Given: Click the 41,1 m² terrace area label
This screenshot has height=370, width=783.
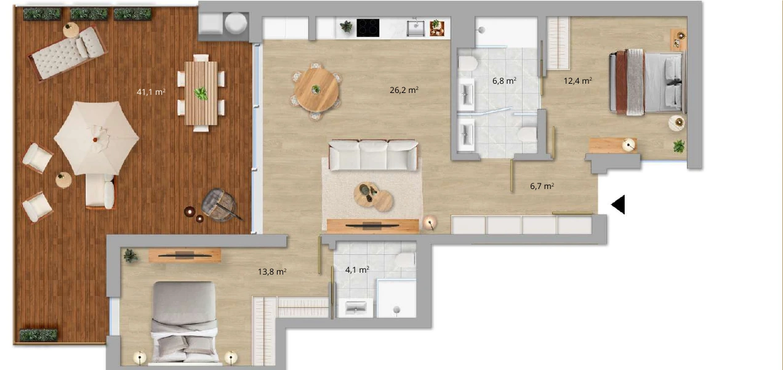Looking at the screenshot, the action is click(x=151, y=92).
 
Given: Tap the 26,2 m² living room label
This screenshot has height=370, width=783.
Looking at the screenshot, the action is click(x=404, y=90).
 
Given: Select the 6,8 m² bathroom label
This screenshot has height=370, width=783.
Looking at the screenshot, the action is click(x=504, y=81).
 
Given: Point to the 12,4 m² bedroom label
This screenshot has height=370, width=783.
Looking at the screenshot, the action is click(x=578, y=81).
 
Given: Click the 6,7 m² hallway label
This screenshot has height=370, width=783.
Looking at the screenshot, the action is click(x=542, y=186).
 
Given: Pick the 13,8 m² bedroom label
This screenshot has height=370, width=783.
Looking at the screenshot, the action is click(x=272, y=271).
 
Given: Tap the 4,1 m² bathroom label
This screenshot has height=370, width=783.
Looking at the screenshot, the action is click(x=357, y=270).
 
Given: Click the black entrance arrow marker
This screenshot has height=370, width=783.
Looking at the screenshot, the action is click(x=618, y=204).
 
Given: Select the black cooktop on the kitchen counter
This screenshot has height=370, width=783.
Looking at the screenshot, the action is click(x=367, y=28).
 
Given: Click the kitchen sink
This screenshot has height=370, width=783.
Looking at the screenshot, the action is click(x=416, y=28).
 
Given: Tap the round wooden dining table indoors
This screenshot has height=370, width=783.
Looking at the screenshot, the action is click(x=316, y=90).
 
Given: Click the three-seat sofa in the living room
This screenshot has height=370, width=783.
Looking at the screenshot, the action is click(x=373, y=155).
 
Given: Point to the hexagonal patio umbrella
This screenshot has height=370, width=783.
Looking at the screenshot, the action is click(x=97, y=138).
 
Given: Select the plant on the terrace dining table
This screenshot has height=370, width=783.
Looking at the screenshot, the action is click(x=201, y=94).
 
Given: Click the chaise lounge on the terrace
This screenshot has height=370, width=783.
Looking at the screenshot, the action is click(x=68, y=54).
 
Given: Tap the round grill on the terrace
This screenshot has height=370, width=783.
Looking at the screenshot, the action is click(x=219, y=205).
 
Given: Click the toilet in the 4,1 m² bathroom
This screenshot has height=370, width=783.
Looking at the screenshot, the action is click(x=406, y=259).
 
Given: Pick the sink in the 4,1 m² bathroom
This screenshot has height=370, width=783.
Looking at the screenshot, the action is click(x=356, y=308).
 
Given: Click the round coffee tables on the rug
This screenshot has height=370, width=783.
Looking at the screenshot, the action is click(x=373, y=196).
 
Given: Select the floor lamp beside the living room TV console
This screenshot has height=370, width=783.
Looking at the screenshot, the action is click(x=430, y=223).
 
